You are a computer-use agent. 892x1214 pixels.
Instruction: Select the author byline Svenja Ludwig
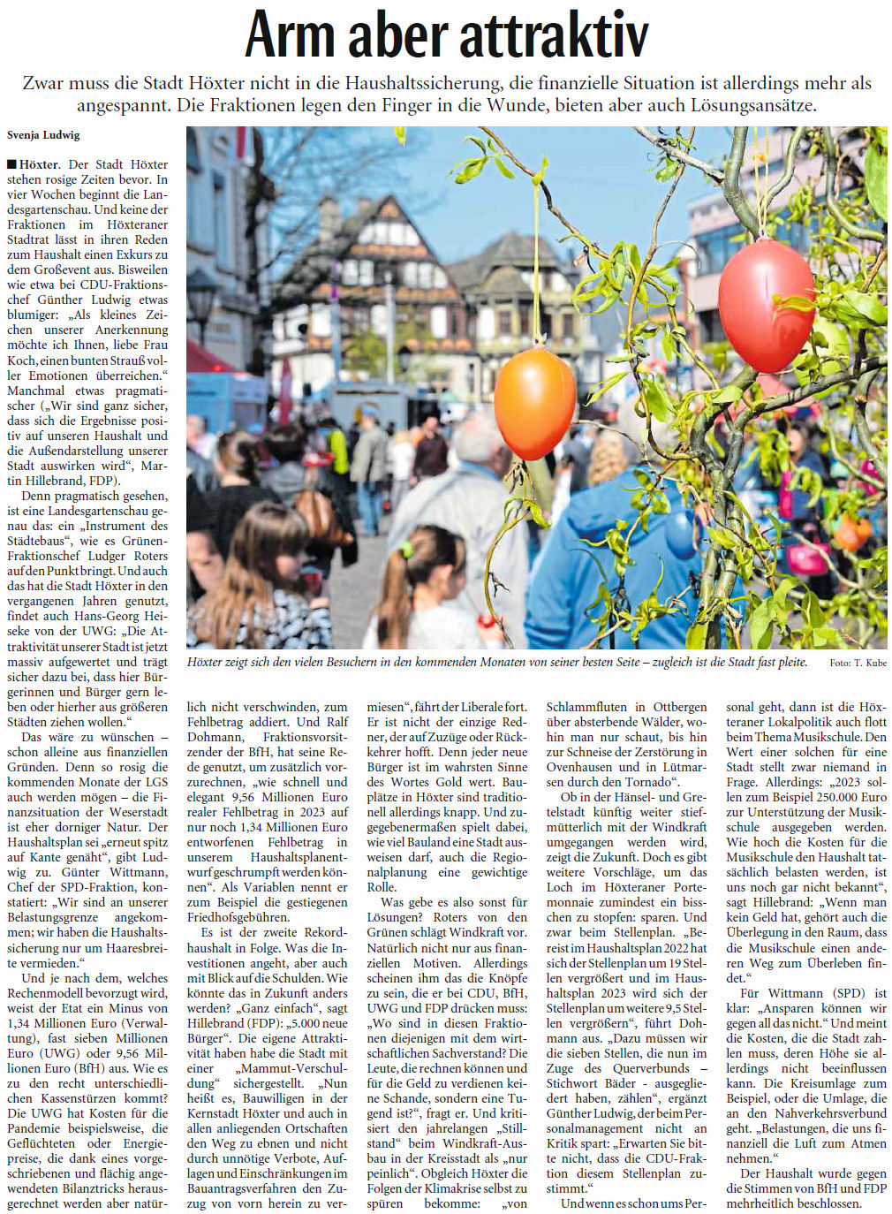[43, 135]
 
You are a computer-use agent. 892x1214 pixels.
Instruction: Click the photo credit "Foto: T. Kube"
[858, 663]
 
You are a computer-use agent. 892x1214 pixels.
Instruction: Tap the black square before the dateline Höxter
[11, 164]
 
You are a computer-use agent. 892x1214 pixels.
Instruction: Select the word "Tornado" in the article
[647, 782]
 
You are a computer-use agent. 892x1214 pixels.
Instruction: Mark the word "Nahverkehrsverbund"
[830, 1113]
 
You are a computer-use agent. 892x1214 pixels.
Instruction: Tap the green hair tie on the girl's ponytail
[404, 551]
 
